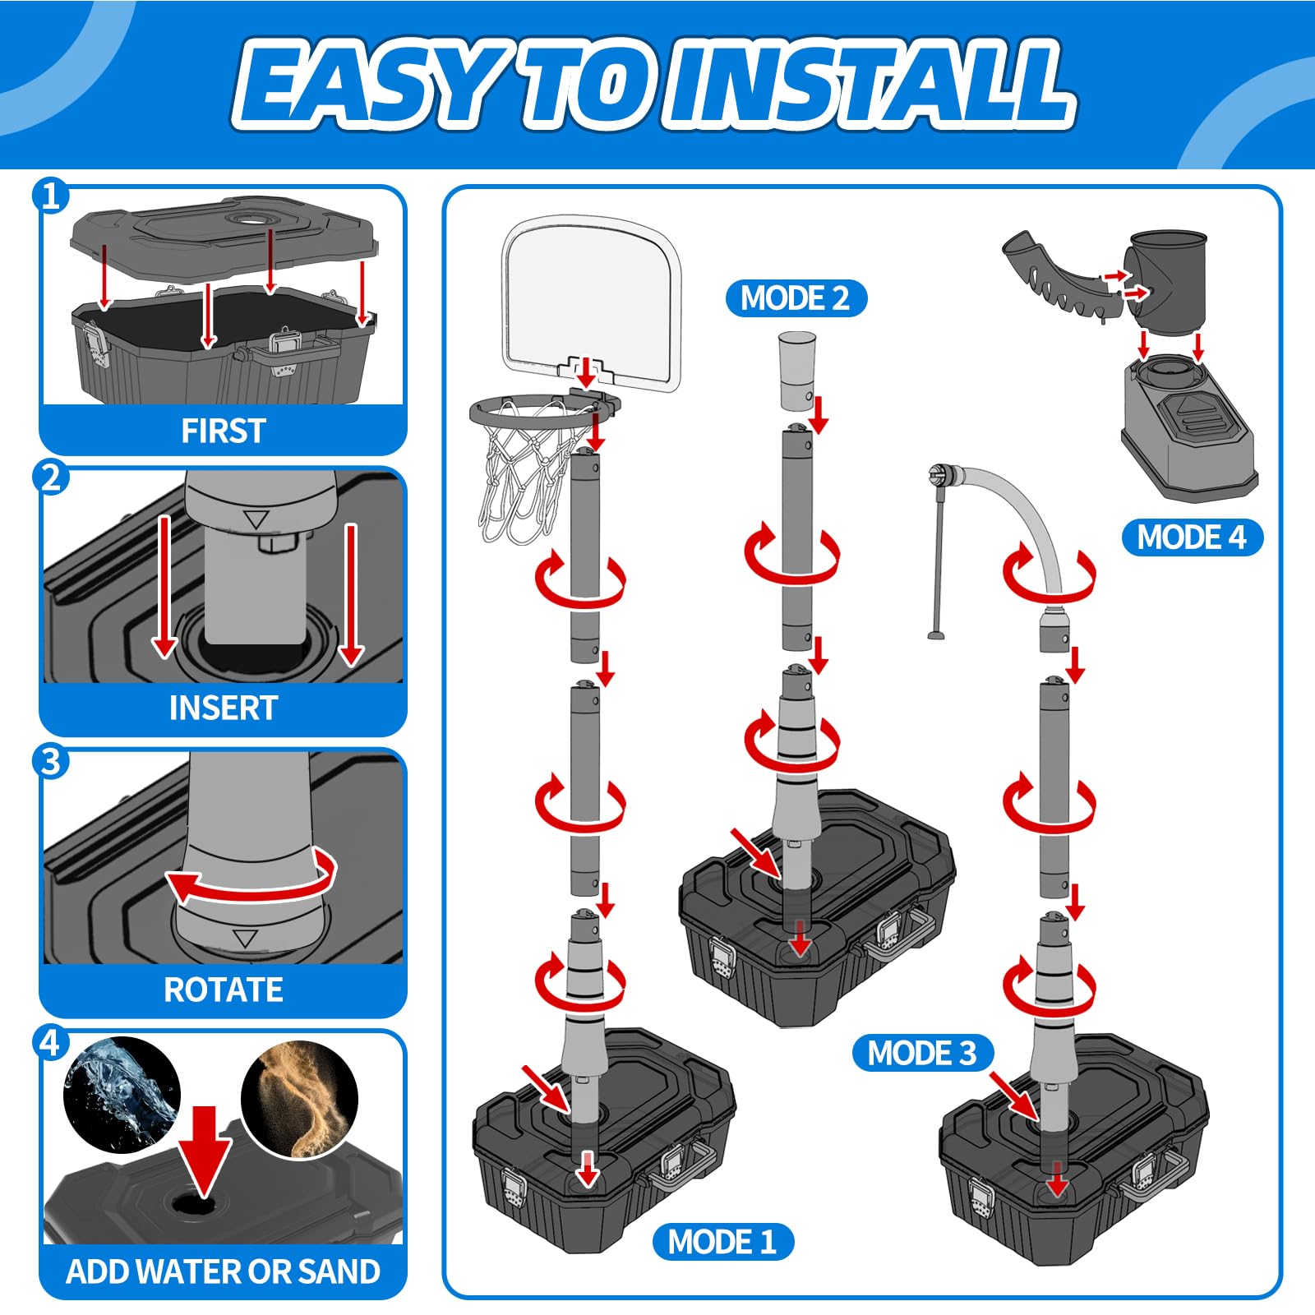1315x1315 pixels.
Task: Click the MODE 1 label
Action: click(722, 1241)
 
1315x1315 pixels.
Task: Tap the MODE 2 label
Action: click(796, 298)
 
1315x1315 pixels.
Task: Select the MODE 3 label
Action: click(922, 1053)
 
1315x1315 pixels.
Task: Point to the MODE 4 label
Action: click(1192, 538)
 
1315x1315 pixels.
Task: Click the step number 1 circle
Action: click(51, 196)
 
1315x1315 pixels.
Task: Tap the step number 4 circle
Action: click(51, 1044)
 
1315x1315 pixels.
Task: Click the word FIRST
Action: click(223, 431)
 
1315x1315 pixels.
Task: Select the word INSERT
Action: click(223, 708)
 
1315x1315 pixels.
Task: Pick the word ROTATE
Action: click(223, 990)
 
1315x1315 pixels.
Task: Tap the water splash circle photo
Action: click(122, 1094)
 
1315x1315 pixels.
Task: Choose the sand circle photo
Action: click(299, 1100)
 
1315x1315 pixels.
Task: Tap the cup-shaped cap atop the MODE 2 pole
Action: click(797, 370)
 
